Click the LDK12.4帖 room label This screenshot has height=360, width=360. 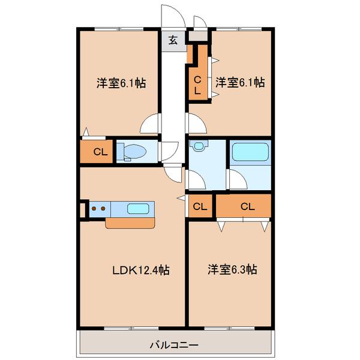pos(141,270)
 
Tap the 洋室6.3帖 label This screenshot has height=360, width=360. pos(232,269)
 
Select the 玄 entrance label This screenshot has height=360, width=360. pos(173,40)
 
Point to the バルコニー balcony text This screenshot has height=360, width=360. pos(174,345)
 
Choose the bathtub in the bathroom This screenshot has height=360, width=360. pos(250,152)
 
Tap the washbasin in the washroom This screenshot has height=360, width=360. pos(199,146)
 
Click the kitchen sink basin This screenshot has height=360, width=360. pos(138,209)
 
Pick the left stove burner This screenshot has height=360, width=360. pos(94,208)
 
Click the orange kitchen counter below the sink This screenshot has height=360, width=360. pos(130,223)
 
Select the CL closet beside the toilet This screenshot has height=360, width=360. pos(100,152)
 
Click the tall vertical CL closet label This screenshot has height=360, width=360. pos(197,86)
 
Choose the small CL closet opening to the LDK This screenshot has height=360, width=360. pos(200,206)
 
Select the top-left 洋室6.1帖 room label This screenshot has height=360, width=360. pos(121,83)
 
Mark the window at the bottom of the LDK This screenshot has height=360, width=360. pos(131,328)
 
